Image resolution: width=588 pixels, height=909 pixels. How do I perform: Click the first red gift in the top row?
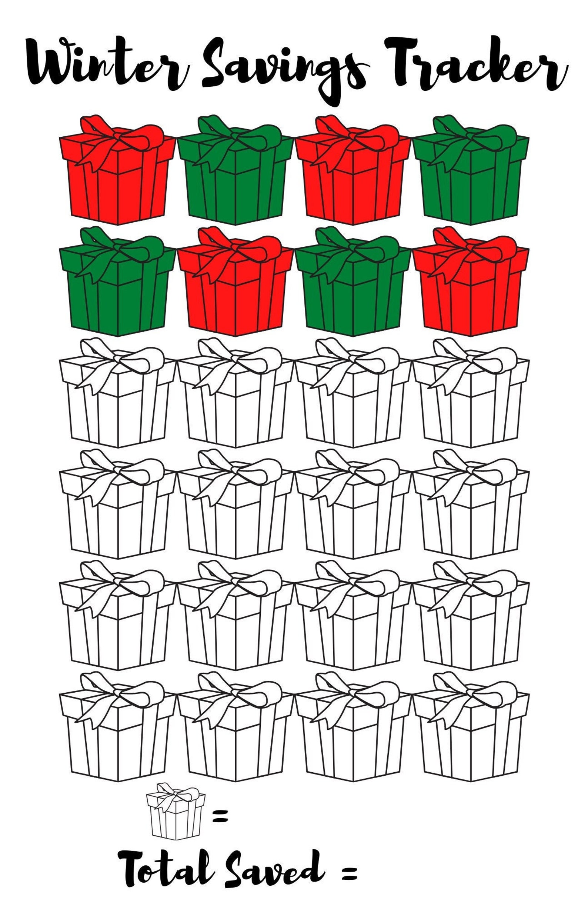pos(118,176)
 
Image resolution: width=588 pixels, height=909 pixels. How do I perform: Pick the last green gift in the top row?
pos(471,176)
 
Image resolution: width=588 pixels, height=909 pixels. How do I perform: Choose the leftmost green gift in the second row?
pos(118,287)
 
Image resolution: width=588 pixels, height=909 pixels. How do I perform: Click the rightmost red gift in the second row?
pos(471,287)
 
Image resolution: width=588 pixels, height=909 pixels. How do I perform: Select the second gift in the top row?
pos(235,176)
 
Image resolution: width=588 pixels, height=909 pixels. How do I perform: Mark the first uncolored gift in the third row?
pos(118,398)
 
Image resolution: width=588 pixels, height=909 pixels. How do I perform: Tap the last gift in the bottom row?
pos(471,733)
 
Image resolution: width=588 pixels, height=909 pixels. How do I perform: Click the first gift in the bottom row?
pos(118,733)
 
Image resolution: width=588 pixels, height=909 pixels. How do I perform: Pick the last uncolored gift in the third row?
pos(471,398)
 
